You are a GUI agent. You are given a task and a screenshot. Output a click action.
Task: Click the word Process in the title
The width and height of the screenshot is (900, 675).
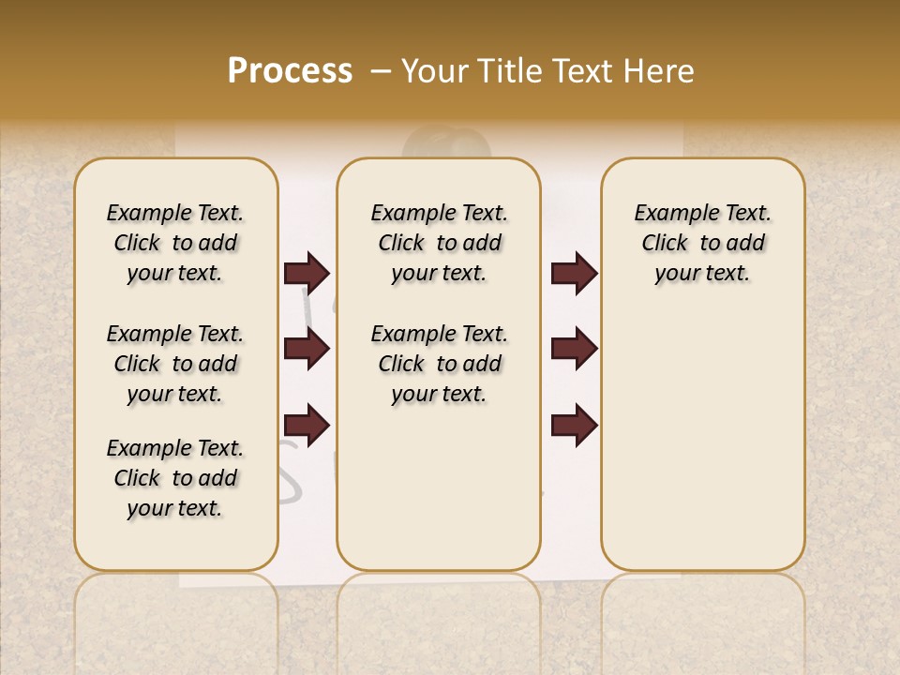click(x=290, y=70)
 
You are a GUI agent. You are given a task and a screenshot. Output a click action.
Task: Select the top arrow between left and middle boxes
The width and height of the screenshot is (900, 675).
click(x=307, y=273)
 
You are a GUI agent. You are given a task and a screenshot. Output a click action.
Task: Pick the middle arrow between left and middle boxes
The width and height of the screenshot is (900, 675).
click(x=307, y=349)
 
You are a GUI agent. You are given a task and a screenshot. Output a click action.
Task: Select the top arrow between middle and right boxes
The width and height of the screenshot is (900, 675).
click(x=574, y=273)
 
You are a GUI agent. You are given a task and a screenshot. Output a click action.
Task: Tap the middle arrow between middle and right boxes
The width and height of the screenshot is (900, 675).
click(x=574, y=349)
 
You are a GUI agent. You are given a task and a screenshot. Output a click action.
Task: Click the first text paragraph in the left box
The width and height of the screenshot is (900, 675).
click(x=175, y=243)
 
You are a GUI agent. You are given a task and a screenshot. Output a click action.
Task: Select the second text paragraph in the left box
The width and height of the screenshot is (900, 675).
click(x=175, y=364)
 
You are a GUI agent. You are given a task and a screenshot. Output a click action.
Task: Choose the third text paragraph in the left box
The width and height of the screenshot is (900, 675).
click(x=175, y=478)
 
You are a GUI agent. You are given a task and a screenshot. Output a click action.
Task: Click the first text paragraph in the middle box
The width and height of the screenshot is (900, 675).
click(x=440, y=243)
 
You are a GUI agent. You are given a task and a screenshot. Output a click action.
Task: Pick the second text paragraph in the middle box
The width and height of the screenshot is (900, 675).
click(x=440, y=364)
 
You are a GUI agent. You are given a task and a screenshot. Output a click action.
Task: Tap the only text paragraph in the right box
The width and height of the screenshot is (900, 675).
click(x=703, y=243)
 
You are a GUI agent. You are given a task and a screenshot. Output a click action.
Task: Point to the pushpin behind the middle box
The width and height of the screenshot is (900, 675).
click(x=446, y=146)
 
